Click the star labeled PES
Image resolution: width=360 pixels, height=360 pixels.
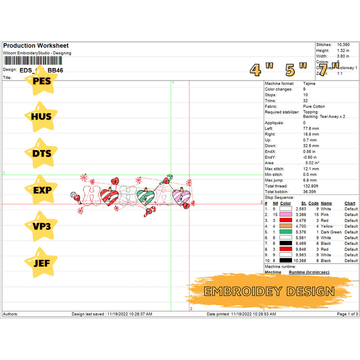coord(42,80)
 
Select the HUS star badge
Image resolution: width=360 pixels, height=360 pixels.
coord(42,117)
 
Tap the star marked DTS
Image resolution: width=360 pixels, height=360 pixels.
coord(42,153)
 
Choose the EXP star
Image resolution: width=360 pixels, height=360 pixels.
coord(42,190)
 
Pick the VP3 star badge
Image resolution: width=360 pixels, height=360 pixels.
coord(42,226)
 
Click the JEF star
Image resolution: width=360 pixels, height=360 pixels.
coord(42,262)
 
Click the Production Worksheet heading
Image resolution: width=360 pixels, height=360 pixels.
coord(36,46)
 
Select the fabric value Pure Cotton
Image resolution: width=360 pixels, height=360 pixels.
coord(314,107)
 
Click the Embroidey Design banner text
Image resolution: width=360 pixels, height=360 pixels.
coord(269,291)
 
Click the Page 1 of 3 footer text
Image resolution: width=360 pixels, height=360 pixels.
coord(347,314)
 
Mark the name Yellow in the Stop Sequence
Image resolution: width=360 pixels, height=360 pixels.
coord(327,226)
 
